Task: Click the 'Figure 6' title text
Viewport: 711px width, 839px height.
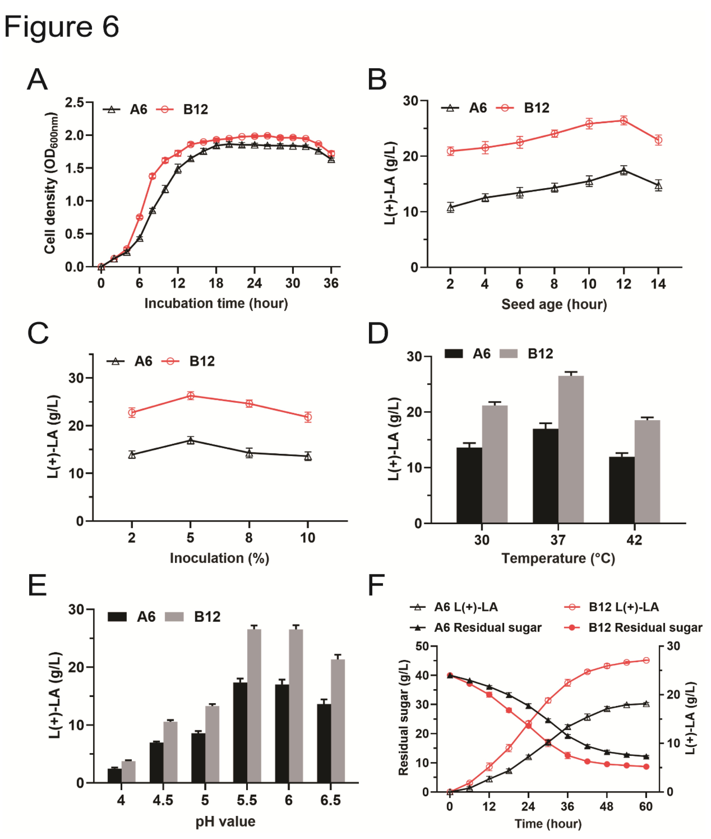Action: click(x=62, y=27)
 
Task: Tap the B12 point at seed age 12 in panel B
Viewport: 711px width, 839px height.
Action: click(x=623, y=120)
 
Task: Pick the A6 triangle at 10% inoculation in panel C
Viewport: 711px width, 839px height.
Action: click(x=308, y=456)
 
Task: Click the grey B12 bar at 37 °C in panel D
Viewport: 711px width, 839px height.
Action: click(x=571, y=450)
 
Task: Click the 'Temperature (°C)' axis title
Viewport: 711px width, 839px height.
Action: click(x=558, y=558)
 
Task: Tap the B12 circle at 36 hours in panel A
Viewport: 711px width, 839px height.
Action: click(x=331, y=154)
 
